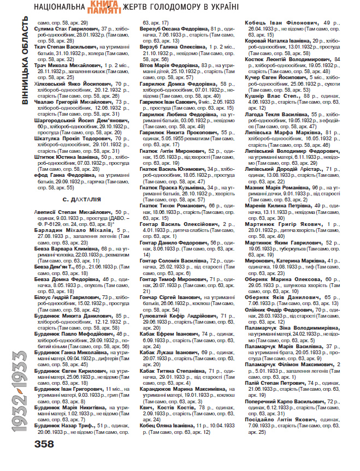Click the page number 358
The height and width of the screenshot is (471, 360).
(x=44, y=444)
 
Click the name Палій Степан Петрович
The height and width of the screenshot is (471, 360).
(x=270, y=382)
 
